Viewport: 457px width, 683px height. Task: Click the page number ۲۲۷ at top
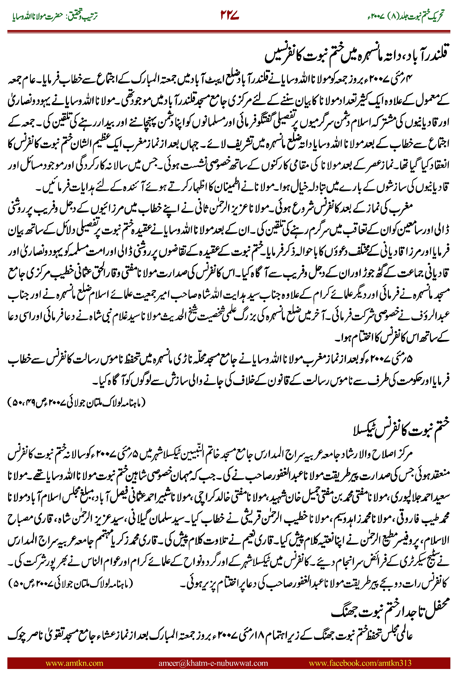click(x=229, y=15)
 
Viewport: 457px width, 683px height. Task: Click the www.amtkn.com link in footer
click(x=74, y=663)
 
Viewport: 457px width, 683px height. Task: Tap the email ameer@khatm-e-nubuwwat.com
click(x=213, y=663)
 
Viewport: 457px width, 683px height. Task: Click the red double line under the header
click(x=228, y=31)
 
